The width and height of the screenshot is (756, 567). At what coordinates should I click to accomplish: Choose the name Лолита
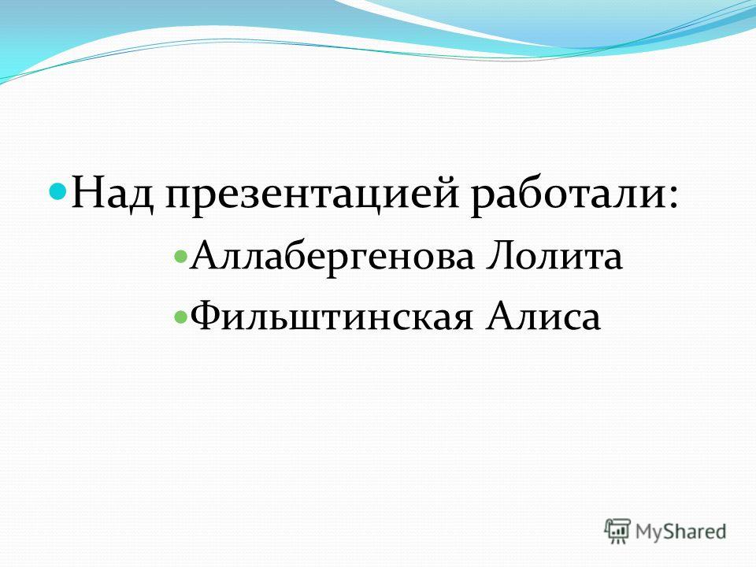click(x=554, y=255)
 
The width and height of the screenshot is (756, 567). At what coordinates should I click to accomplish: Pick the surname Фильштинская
click(x=332, y=317)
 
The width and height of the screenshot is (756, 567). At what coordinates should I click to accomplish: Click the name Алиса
click(x=543, y=317)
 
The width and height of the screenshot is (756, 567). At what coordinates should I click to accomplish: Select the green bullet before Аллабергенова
click(x=180, y=255)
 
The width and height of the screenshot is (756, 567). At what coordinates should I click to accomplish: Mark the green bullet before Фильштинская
click(x=180, y=317)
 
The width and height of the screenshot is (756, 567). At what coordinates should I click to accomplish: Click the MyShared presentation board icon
click(x=617, y=531)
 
